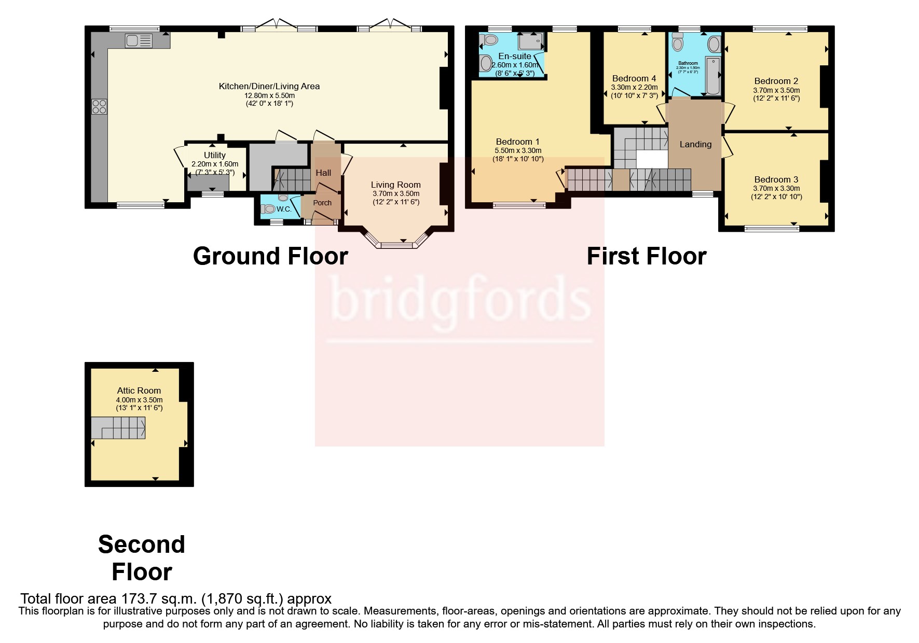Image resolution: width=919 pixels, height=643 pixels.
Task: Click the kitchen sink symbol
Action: coord(139,40)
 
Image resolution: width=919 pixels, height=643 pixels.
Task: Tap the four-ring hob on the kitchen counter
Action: coord(99,106)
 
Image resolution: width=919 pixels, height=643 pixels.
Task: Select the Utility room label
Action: coord(214,155)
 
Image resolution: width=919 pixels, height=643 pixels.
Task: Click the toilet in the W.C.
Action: coord(269,209)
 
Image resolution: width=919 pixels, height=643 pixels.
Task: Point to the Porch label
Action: coord(322,203)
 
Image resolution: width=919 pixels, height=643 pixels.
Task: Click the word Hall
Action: coord(323,173)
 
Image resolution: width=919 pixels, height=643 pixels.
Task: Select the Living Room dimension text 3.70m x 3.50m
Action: coord(395,193)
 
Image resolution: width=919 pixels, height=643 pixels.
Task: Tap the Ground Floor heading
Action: coord(270,256)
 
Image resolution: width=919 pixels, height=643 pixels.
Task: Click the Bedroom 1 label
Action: coord(517,142)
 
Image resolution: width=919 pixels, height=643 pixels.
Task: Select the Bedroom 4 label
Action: coord(634,79)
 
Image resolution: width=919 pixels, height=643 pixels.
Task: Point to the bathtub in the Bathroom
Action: coord(713,77)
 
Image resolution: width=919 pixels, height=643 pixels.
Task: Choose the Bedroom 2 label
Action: coord(776,81)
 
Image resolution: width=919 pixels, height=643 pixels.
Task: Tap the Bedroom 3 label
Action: coord(776,179)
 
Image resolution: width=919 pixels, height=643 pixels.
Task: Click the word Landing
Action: coord(695,144)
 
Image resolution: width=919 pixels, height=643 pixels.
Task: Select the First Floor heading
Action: coord(646,256)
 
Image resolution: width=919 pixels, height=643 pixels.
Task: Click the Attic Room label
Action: coord(139,390)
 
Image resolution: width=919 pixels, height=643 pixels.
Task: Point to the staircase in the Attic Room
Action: coord(119,428)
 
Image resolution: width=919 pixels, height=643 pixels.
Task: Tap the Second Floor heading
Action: coord(141,558)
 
